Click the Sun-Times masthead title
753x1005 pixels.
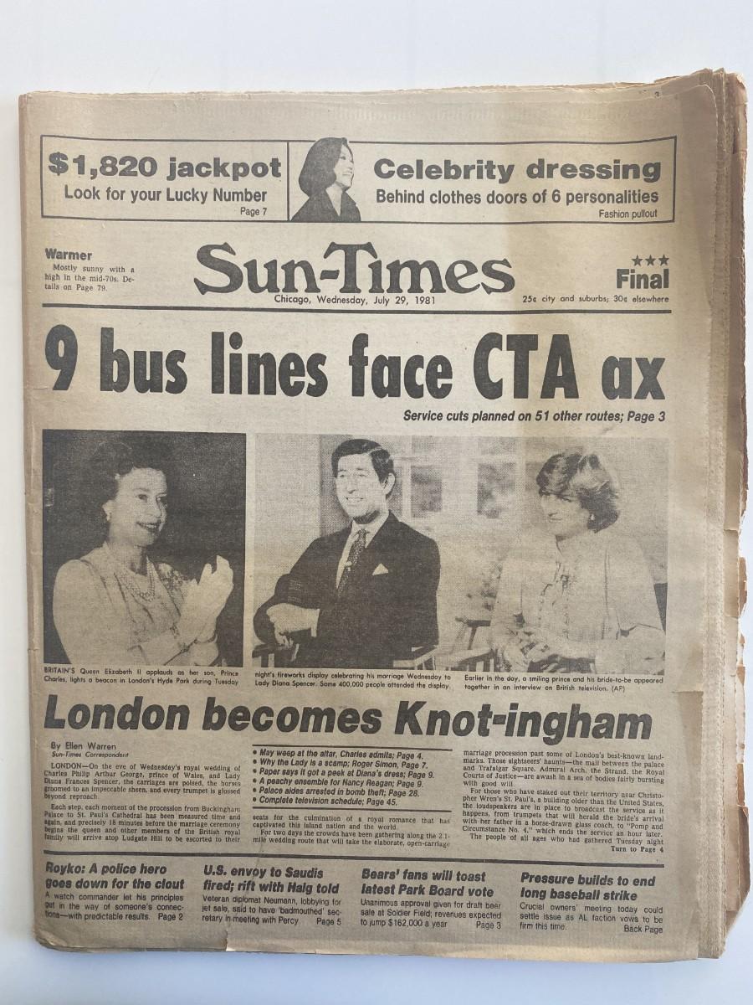[353, 271]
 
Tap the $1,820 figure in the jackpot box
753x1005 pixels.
[102, 166]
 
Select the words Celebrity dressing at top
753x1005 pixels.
[516, 170]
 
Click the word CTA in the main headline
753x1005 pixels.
[535, 365]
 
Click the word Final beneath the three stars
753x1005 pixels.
[643, 279]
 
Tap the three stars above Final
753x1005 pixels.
[650, 260]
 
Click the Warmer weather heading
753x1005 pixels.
[69, 255]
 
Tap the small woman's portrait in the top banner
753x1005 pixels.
[327, 180]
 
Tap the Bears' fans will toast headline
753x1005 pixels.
[427, 883]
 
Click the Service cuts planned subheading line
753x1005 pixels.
[534, 415]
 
